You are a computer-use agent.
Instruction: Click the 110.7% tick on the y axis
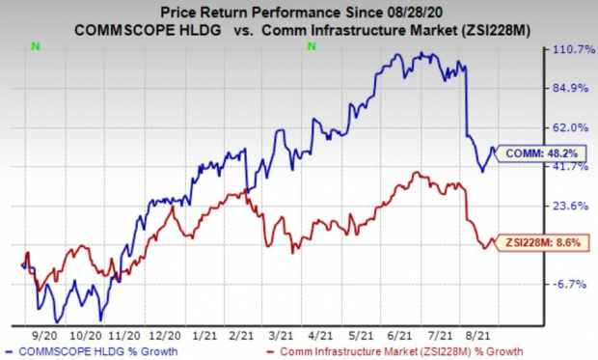click(x=567, y=50)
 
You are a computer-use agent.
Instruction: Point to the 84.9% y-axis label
click(x=567, y=89)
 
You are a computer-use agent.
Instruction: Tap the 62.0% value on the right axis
click(x=567, y=127)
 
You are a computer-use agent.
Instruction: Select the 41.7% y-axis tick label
click(x=567, y=167)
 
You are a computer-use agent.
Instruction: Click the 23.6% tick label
click(x=567, y=206)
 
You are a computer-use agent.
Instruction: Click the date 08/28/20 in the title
click(x=407, y=12)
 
